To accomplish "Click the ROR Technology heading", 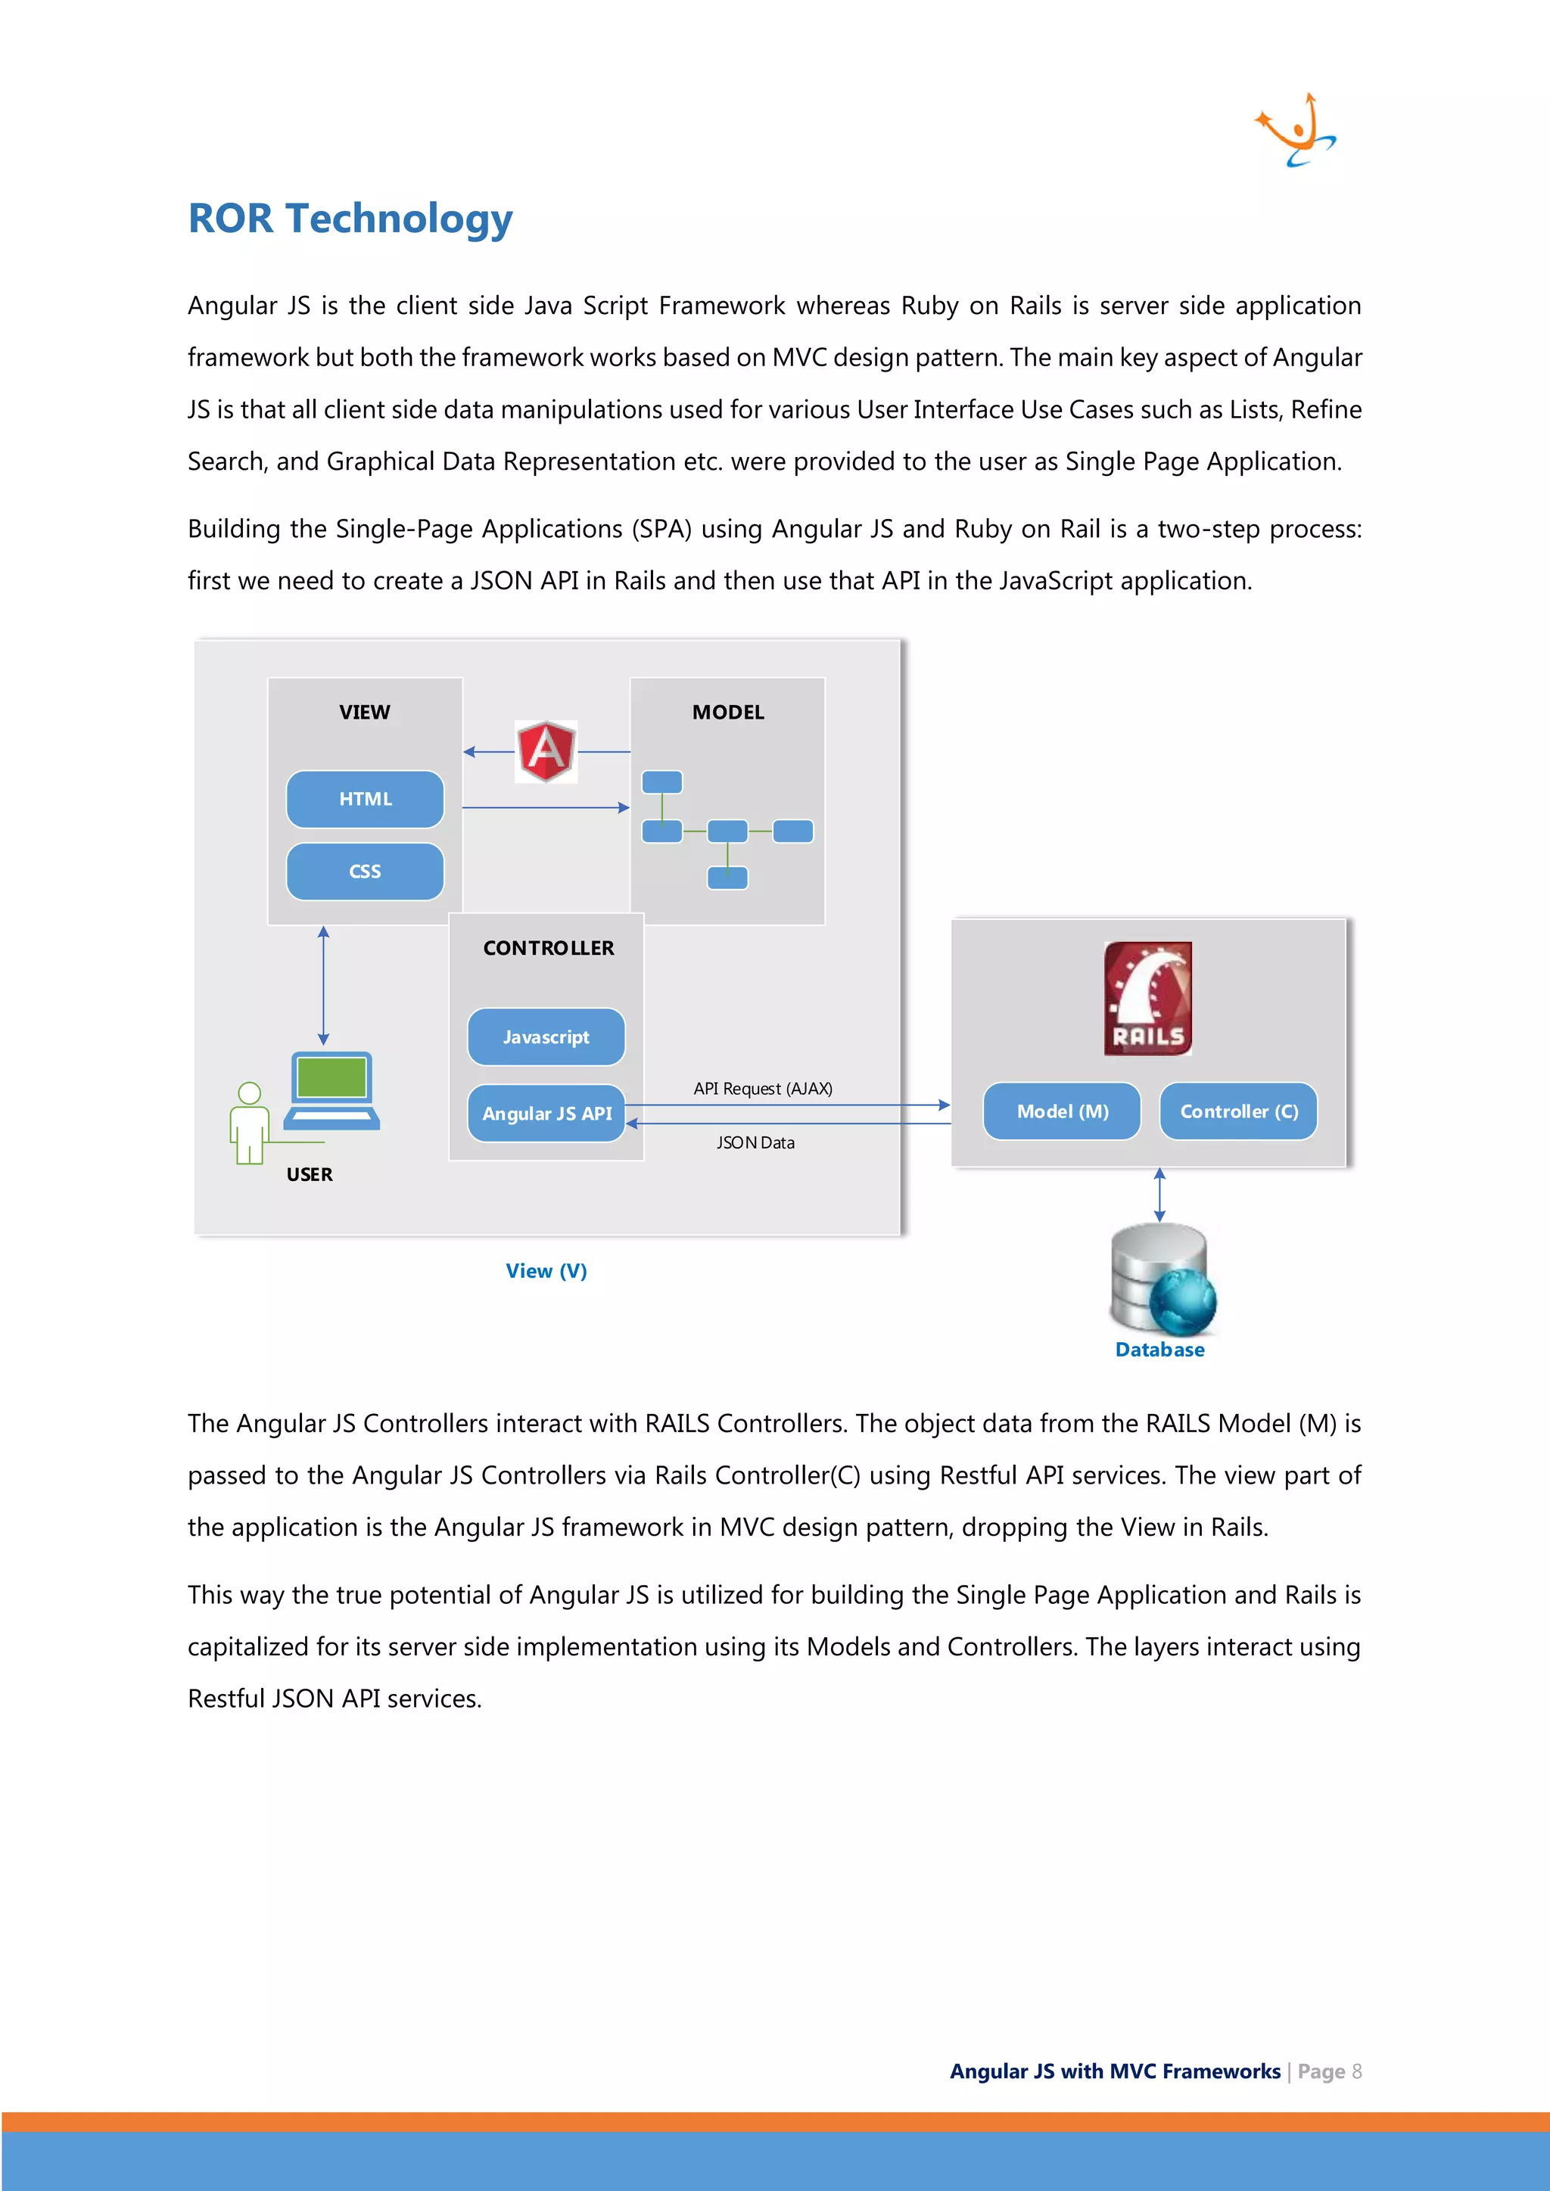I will pyautogui.click(x=350, y=219).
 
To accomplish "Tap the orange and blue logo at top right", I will pyautogui.click(x=1295, y=132).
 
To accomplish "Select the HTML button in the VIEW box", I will pyautogui.click(x=365, y=799).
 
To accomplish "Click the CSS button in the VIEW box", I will pyautogui.click(x=365, y=872).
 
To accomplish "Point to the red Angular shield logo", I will pyautogui.click(x=546, y=751).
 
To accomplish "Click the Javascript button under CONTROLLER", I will pyautogui.click(x=546, y=1036).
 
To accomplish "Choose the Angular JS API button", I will pyautogui.click(x=546, y=1113).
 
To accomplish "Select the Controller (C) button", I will pyautogui.click(x=1238, y=1111).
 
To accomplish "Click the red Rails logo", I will pyautogui.click(x=1147, y=997).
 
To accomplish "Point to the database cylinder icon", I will pyautogui.click(x=1160, y=1279).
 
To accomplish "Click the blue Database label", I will pyautogui.click(x=1159, y=1350).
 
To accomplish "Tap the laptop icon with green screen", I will pyautogui.click(x=332, y=1091).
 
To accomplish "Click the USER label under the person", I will pyautogui.click(x=310, y=1175).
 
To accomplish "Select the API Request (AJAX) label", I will pyautogui.click(x=763, y=1089).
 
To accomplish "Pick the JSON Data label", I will pyautogui.click(x=755, y=1143).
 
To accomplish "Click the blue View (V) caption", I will pyautogui.click(x=546, y=1271).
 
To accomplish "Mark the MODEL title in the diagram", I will pyautogui.click(x=727, y=713).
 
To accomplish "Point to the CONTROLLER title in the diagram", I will pyautogui.click(x=548, y=947).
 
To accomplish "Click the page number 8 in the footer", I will pyautogui.click(x=1356, y=2071).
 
